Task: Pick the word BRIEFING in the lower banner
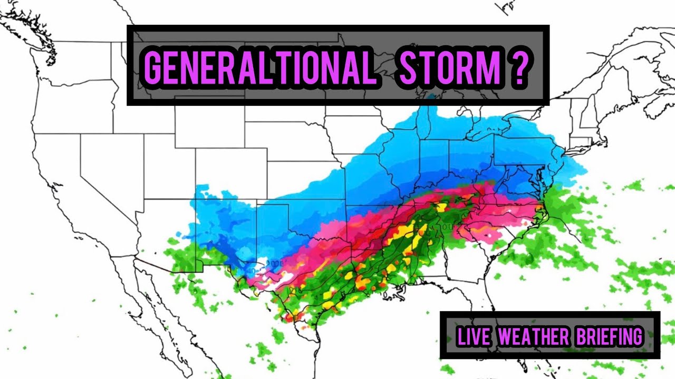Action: [609, 336]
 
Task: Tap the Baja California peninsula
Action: [153, 305]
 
